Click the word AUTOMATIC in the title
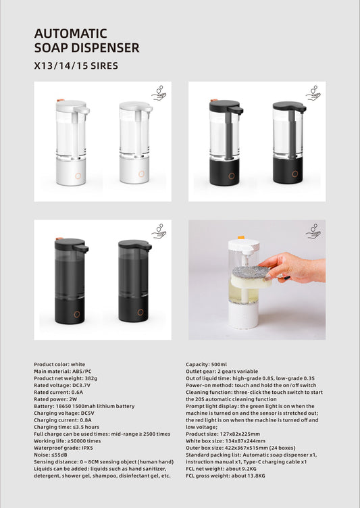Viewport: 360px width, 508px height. coord(71,34)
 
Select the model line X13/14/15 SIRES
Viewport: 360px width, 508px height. coord(76,66)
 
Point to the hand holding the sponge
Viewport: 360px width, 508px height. coord(293,268)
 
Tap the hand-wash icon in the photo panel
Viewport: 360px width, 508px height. coord(313,232)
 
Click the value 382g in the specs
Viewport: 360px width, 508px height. coord(91,378)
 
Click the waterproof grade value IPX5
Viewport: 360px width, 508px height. coord(88,448)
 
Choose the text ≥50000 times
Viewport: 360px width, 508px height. coord(84,441)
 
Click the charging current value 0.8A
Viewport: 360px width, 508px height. coord(83,420)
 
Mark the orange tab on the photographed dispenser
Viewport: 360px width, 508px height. coord(240,238)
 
